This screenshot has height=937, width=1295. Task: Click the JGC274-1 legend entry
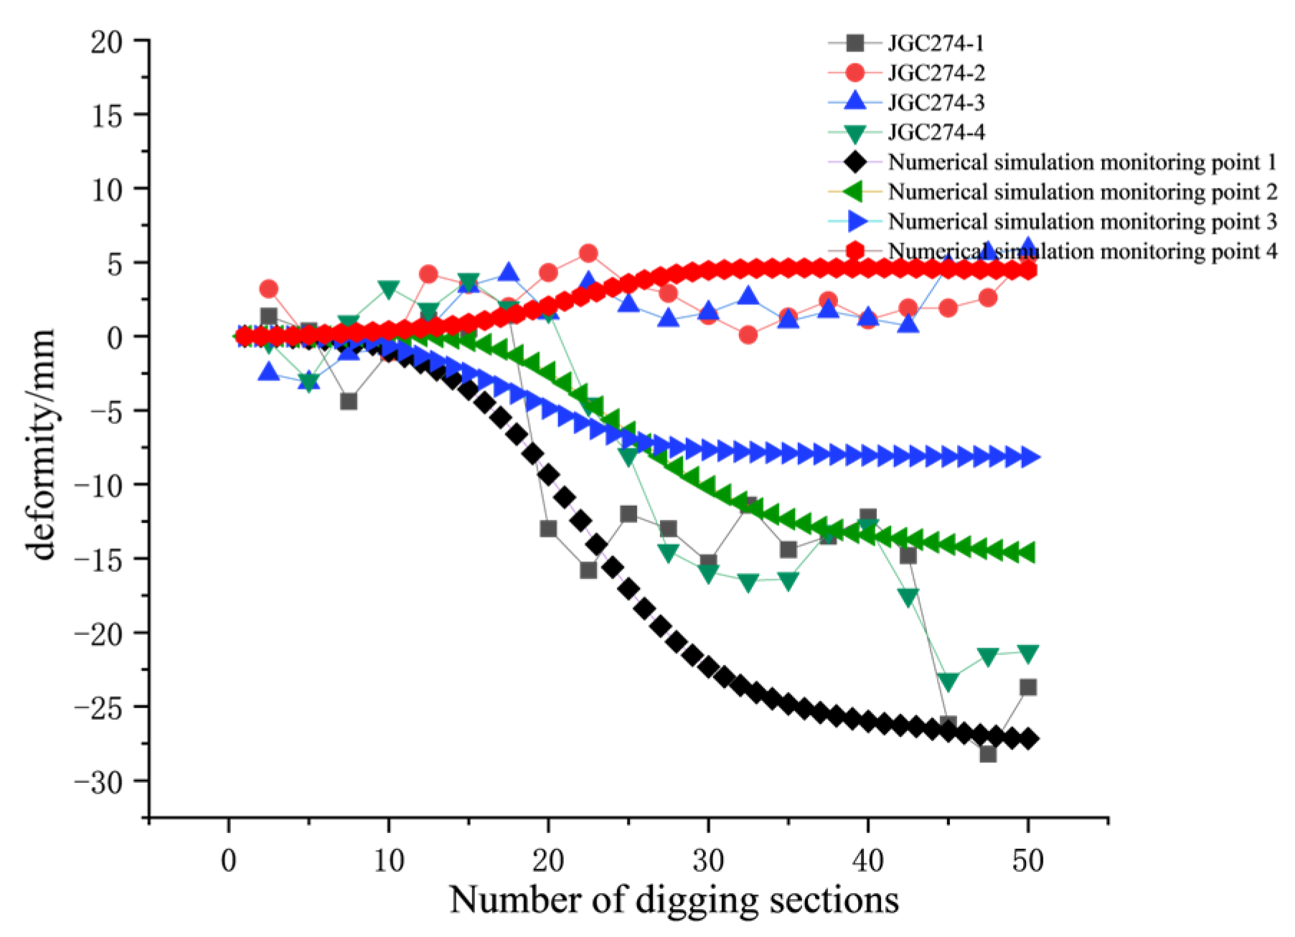point(936,43)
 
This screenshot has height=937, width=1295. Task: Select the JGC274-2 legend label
point(936,72)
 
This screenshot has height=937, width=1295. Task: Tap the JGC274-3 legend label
point(936,103)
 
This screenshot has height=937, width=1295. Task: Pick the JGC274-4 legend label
point(936,132)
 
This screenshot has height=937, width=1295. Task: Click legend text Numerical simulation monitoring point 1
point(1082,162)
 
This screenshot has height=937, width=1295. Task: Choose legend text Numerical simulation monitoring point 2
point(1082,192)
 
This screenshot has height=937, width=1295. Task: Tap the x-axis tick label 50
point(1027,860)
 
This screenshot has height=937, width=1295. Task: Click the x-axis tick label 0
point(229,860)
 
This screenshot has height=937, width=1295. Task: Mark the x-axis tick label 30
point(708,860)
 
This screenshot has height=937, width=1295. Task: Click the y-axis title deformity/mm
point(42,445)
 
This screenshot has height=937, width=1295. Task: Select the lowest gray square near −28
point(988,754)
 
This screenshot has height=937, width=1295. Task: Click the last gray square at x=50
point(1028,687)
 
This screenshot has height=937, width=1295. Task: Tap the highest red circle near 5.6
point(588,253)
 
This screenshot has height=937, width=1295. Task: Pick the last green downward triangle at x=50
point(1028,654)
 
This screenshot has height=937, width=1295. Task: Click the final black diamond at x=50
point(1028,739)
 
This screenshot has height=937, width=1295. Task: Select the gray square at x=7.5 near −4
point(349,401)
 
